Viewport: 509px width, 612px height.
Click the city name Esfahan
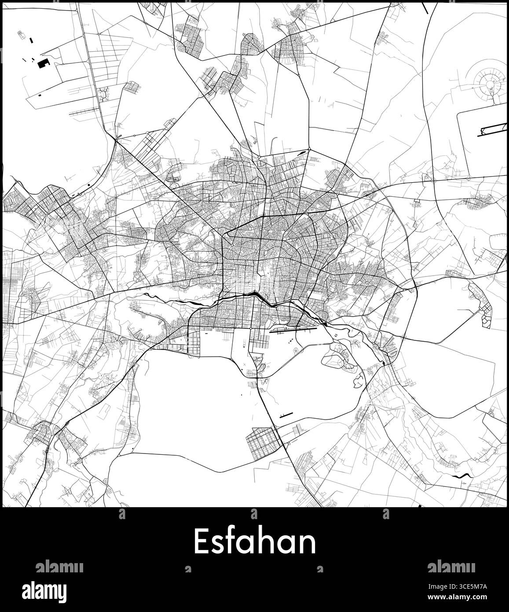coord(255,542)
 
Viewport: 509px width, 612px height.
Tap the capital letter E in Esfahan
coord(200,542)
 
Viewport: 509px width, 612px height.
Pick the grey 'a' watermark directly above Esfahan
coord(254,513)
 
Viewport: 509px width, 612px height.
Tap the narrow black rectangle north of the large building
coord(30,40)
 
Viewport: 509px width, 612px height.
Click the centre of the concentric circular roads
coord(489,82)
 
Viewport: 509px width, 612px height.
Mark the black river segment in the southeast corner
coord(461,476)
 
